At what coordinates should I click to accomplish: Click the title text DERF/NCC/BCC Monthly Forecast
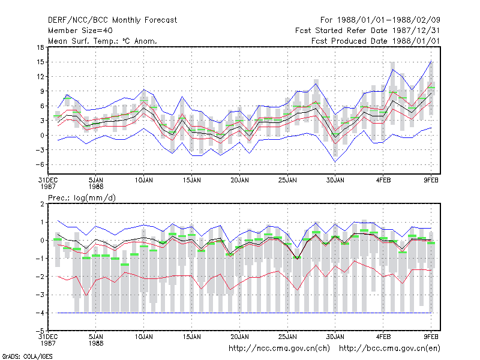click(x=112, y=20)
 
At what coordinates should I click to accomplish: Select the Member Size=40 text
click(x=80, y=31)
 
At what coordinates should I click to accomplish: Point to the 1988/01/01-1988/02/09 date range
click(x=388, y=20)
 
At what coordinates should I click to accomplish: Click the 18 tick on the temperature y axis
click(x=40, y=47)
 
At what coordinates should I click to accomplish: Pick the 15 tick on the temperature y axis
click(x=40, y=62)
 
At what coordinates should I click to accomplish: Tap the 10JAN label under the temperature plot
click(x=143, y=181)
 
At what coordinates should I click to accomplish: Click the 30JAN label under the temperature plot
click(x=335, y=181)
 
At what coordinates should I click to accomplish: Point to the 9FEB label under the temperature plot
click(x=431, y=181)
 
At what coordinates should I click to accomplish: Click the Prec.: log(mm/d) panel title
click(x=82, y=198)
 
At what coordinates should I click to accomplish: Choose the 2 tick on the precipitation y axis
click(x=42, y=204)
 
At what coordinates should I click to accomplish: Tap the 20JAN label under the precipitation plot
click(x=239, y=337)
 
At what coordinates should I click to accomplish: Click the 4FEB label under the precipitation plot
click(x=383, y=337)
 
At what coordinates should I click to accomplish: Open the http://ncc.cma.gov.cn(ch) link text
click(x=279, y=349)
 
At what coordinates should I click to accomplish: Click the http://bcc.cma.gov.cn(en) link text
click(x=389, y=349)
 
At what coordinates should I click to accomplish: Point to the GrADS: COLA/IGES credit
click(x=27, y=356)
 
